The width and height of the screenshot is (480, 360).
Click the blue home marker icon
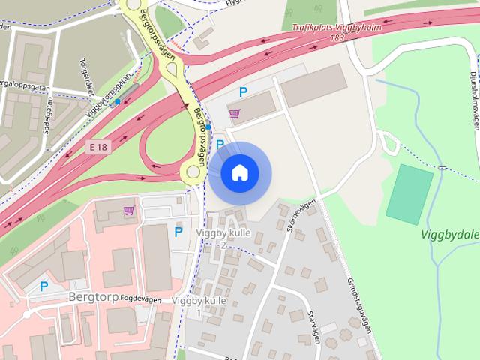(239, 173)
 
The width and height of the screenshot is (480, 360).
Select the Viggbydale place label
(449, 233)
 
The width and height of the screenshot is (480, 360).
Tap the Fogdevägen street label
(140, 298)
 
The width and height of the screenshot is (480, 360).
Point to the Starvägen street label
(314, 328)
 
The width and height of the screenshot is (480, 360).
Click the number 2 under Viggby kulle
(222, 245)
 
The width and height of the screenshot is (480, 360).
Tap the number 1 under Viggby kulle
(199, 311)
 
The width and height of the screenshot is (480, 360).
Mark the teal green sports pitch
(409, 192)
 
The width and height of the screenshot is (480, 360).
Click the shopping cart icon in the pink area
(129, 211)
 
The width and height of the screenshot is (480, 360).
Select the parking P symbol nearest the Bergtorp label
(43, 286)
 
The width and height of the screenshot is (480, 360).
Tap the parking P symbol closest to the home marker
(220, 143)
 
